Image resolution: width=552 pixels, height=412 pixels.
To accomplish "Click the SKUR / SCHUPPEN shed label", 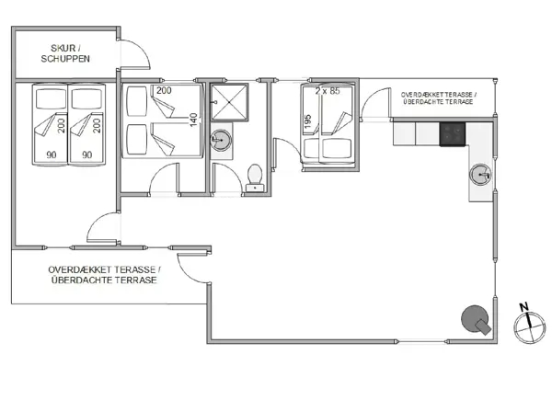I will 63,53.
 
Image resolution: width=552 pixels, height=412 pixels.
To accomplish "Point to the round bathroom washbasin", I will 221,142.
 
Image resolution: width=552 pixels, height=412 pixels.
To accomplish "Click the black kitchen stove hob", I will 452,135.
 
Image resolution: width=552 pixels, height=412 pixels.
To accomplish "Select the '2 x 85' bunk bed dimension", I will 328,91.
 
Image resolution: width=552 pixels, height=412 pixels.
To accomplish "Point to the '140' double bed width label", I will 194,120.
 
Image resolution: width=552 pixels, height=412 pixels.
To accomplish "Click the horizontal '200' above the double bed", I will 164,90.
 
